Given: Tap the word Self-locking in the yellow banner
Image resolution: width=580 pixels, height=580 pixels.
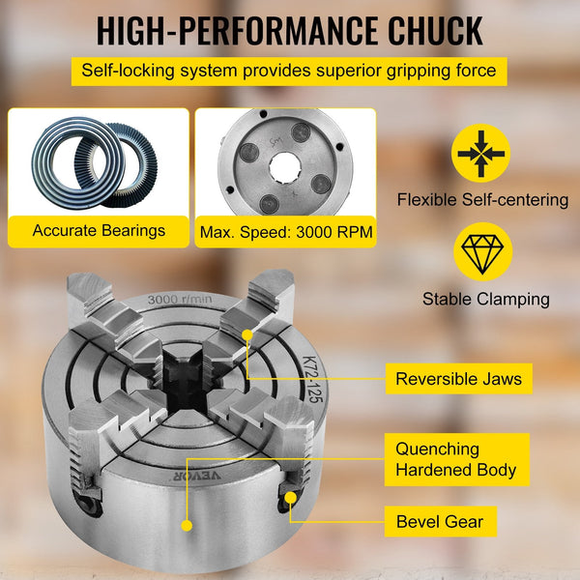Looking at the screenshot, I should (124, 72).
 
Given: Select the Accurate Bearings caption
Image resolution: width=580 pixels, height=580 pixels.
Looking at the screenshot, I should (99, 231).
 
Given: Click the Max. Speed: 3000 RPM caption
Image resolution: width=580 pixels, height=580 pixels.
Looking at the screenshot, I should (285, 232).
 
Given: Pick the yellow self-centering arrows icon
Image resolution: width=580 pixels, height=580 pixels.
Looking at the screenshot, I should (482, 153).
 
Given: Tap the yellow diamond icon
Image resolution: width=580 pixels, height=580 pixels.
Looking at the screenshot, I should (482, 251).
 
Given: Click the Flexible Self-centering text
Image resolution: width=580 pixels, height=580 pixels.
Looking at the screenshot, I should (482, 200).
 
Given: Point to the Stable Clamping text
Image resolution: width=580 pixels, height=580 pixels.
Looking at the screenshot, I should (485, 299).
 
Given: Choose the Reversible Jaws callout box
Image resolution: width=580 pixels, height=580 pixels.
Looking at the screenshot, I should (458, 378).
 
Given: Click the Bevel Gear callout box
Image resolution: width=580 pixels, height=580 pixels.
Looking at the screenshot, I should (440, 523).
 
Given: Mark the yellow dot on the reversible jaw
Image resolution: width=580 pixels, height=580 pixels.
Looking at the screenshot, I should (247, 334).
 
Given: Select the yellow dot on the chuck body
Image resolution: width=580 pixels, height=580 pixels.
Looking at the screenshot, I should (185, 525).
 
